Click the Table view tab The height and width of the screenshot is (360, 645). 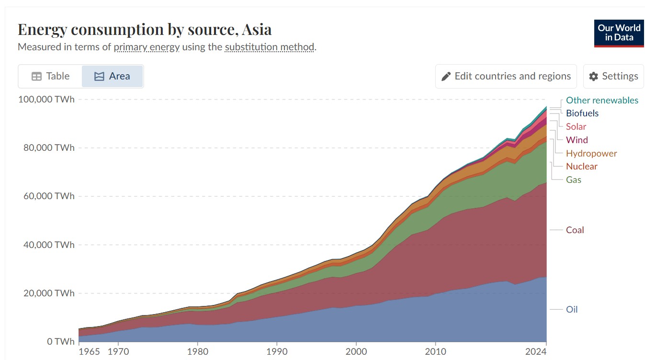coord(50,76)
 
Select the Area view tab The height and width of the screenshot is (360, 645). coord(113,76)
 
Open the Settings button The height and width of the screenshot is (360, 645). coord(613,76)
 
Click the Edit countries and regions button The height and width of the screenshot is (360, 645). coord(506,76)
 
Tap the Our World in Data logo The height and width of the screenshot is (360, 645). coord(619,33)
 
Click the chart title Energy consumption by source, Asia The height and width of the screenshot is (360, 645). coord(145,29)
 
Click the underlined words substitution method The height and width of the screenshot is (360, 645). coord(270,47)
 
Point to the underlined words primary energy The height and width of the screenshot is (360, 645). coord(147,47)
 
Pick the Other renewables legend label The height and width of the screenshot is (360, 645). coord(602,100)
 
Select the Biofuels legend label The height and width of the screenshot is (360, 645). coord(582,113)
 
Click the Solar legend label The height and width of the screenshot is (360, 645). coord(576,126)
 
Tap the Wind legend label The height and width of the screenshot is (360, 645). coord(577,140)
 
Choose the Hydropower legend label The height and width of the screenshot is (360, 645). coord(591,153)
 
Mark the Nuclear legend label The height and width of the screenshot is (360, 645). coord(582,166)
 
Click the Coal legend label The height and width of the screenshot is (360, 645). coord(575,230)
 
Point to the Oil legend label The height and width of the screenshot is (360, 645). coord(572,309)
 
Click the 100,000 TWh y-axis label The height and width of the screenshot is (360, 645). coord(46,100)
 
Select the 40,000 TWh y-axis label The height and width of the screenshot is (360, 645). coord(49,245)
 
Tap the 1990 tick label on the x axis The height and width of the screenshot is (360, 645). coord(277,352)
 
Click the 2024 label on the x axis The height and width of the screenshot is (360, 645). coord(535,352)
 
